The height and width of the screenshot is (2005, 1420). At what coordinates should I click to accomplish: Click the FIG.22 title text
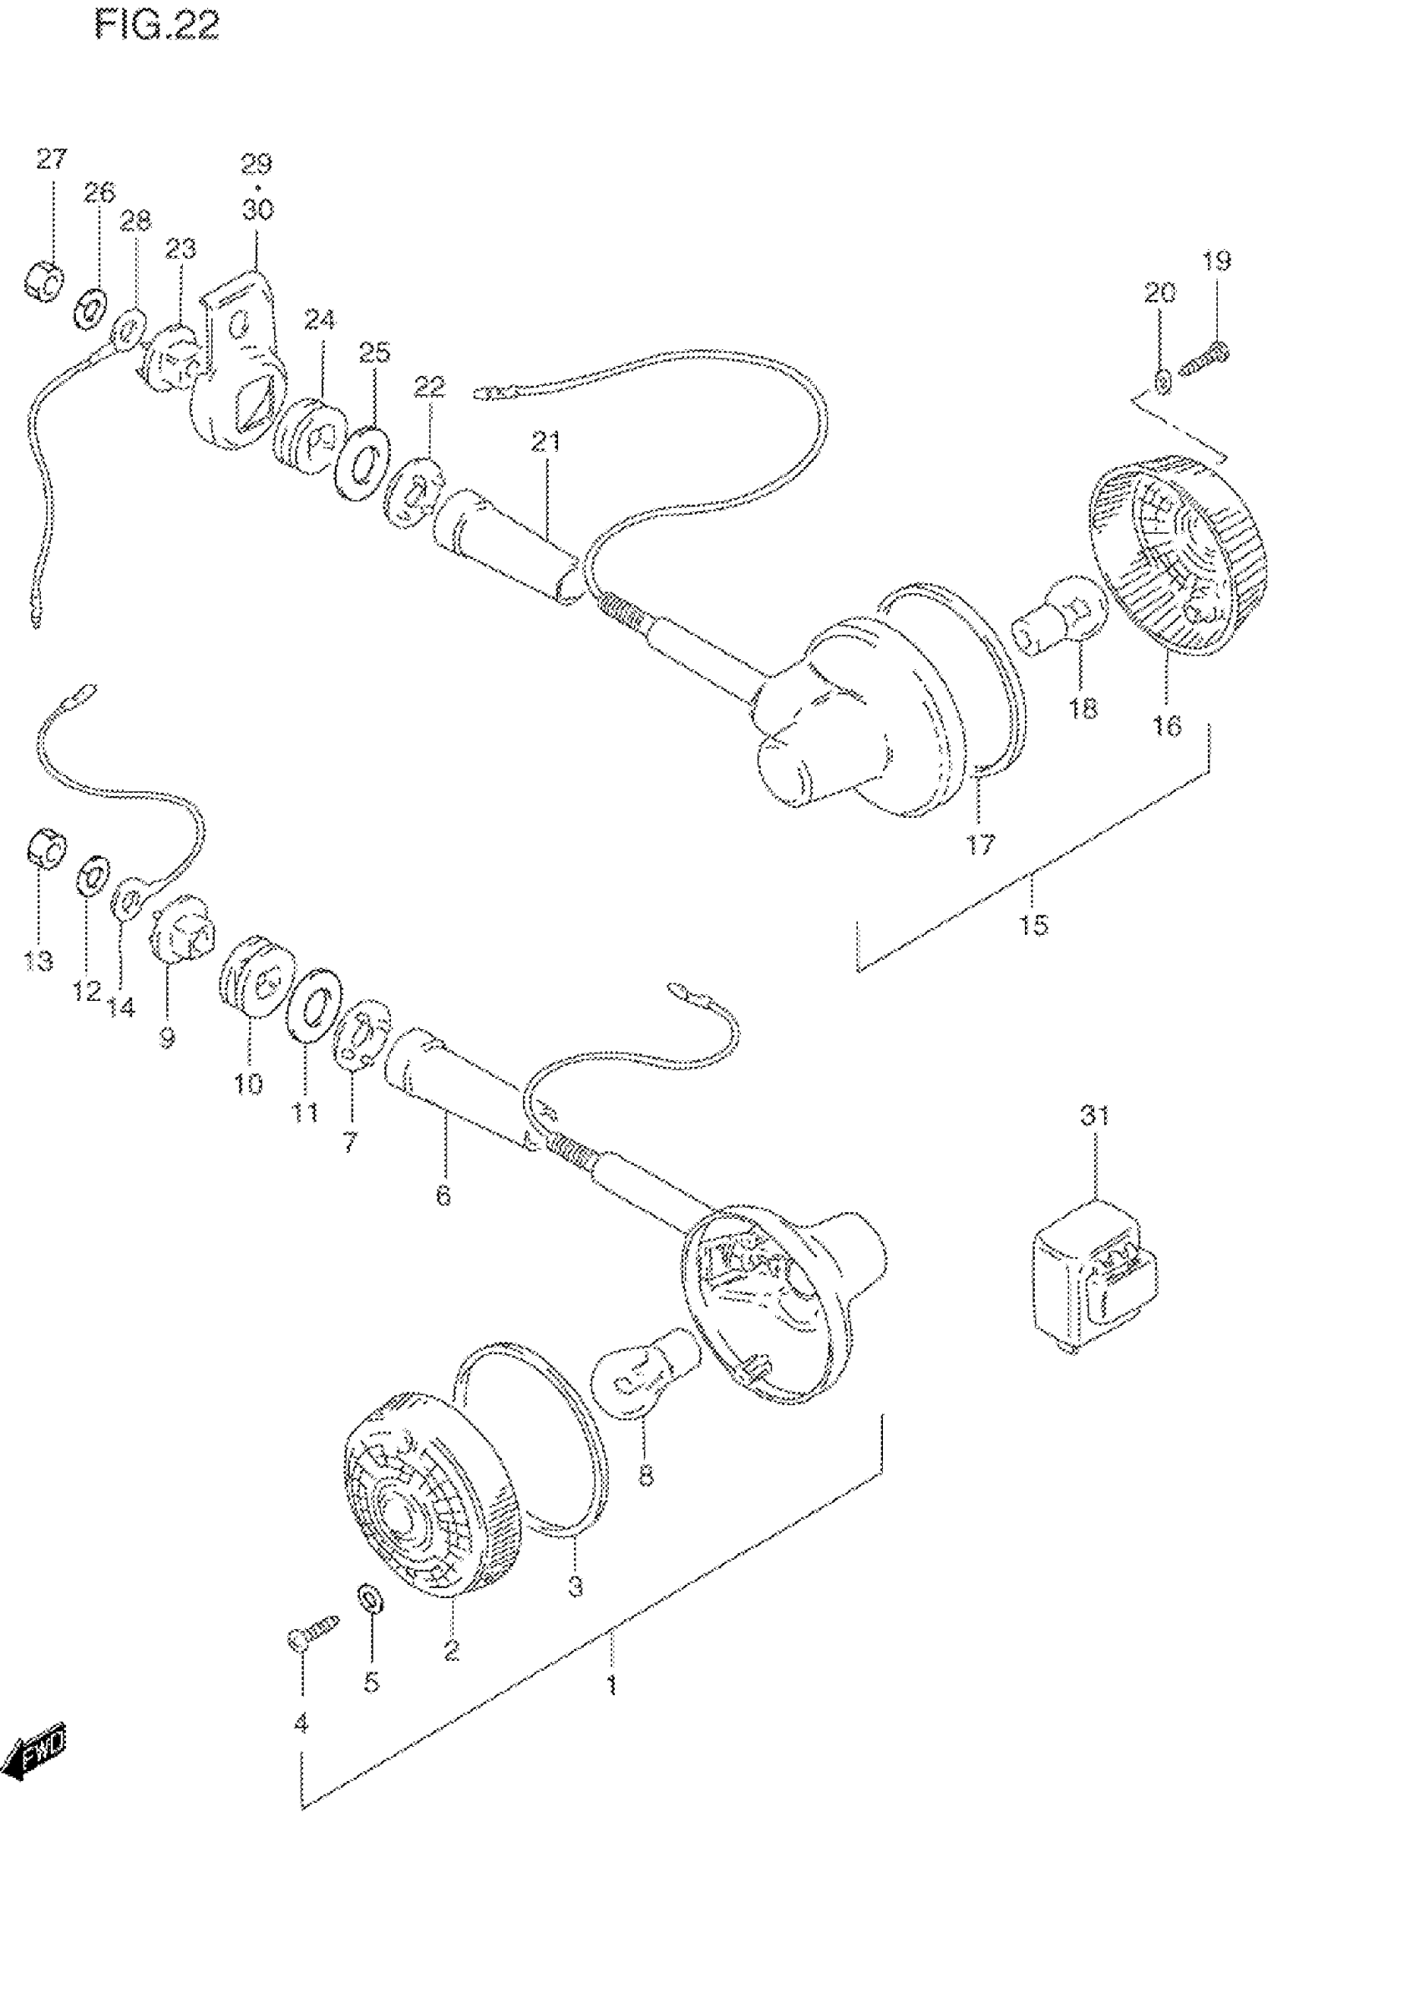tap(157, 25)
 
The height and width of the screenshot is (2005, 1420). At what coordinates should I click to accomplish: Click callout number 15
tap(1033, 924)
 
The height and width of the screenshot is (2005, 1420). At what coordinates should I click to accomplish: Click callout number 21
tap(545, 442)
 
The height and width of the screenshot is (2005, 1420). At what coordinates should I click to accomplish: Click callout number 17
tap(980, 845)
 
